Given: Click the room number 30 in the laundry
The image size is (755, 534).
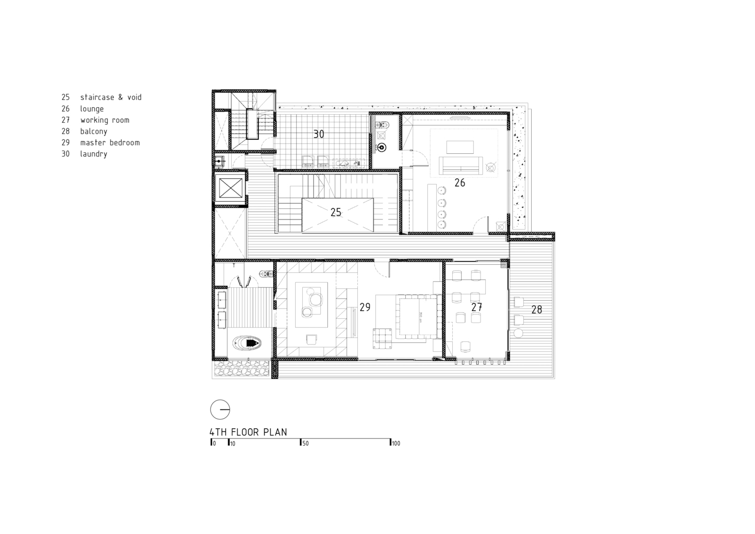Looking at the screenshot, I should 318,134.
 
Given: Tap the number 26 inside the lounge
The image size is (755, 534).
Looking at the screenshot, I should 460,183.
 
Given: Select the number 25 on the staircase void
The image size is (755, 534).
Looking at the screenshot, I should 335,212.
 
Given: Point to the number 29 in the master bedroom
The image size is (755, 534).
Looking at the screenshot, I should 365,307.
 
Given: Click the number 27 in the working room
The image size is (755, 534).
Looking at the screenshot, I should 477,307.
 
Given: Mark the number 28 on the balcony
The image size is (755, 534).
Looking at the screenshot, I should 537,309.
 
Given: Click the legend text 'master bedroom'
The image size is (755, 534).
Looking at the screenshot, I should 110,143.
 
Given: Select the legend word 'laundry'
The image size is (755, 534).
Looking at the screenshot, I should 93,154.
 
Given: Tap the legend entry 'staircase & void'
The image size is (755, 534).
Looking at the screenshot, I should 111,97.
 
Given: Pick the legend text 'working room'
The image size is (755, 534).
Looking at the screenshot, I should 105,120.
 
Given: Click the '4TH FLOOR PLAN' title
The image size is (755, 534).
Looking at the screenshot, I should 248,432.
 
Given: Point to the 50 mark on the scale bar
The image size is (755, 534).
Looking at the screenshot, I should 305,443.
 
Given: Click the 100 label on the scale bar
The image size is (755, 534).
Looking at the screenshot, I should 396,443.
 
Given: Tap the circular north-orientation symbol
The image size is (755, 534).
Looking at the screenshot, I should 220,410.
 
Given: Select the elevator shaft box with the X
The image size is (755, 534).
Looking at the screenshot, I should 230,189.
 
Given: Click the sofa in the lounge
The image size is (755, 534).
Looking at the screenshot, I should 460,165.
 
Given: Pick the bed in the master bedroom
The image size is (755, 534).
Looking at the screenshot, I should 418,317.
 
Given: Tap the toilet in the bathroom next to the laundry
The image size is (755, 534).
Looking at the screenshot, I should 382,125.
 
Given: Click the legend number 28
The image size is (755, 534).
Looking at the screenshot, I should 66,131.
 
